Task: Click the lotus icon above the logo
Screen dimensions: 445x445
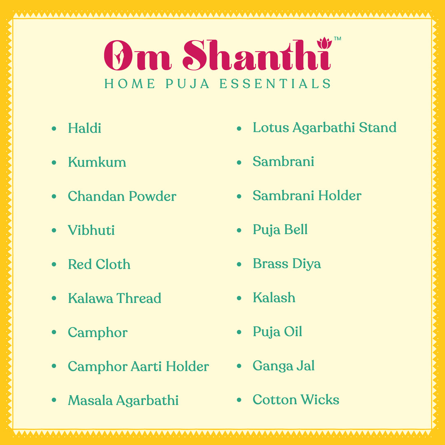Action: point(325,42)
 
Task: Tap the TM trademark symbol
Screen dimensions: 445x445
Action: point(337,39)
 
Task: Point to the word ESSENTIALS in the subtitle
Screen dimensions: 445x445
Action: point(275,84)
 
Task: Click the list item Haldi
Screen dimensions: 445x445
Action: point(84,128)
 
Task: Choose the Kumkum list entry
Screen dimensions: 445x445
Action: point(97,162)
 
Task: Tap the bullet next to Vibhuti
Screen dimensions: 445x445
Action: point(54,230)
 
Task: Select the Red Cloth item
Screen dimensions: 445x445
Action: point(99,264)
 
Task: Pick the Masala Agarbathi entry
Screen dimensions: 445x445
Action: point(123,400)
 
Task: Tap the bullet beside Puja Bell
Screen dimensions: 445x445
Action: point(239,230)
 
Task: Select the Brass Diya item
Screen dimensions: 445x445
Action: point(287,264)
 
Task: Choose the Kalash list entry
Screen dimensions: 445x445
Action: point(274,297)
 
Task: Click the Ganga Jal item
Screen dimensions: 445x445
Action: point(283,366)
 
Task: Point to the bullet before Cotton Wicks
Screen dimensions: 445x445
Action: point(239,400)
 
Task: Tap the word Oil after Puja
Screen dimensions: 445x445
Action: point(294,332)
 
